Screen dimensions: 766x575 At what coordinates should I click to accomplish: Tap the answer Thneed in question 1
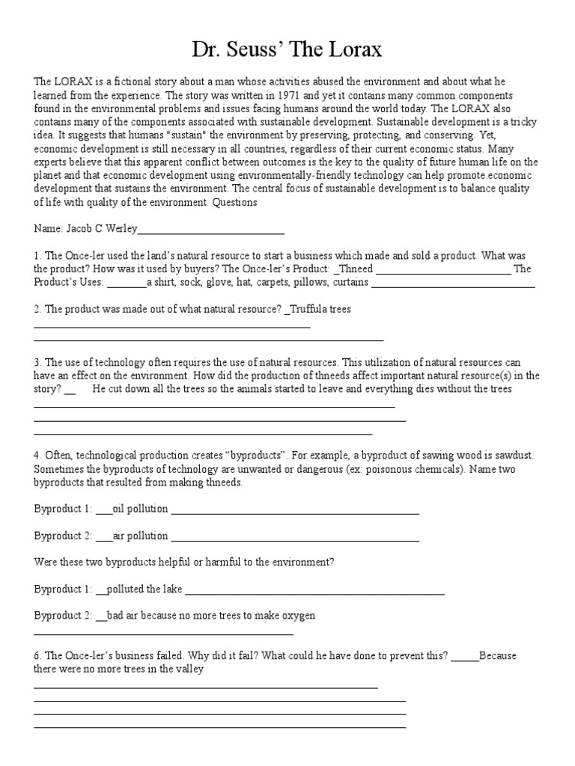pyautogui.click(x=354, y=269)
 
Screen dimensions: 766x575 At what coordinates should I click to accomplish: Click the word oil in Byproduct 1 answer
pyautogui.click(x=118, y=509)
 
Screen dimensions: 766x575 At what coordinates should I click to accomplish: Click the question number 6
pyautogui.click(x=37, y=656)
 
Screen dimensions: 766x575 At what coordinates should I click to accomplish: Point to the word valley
pyautogui.click(x=190, y=670)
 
